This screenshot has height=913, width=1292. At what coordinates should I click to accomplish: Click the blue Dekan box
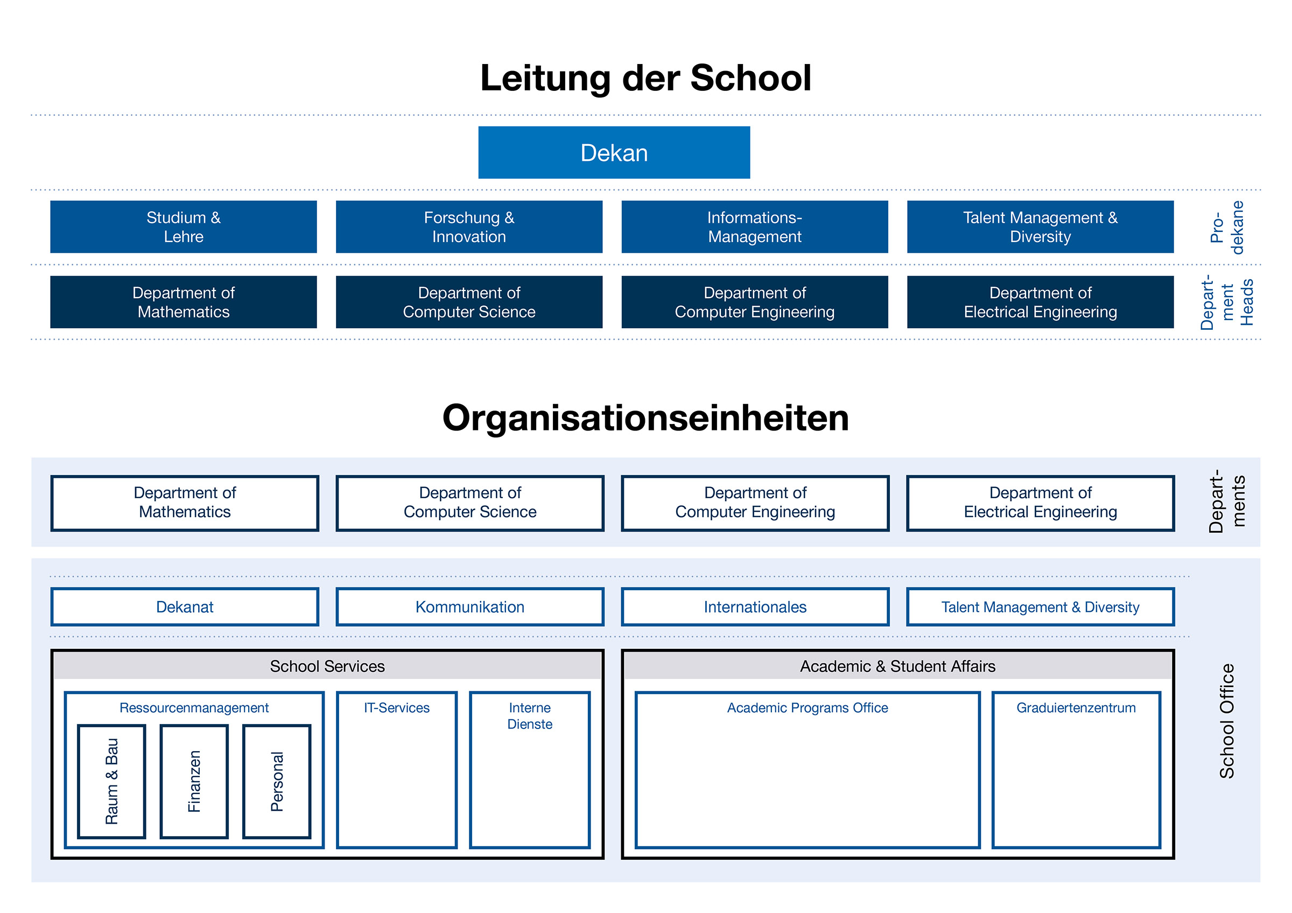614,152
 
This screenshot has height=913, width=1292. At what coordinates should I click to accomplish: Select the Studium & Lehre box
184,227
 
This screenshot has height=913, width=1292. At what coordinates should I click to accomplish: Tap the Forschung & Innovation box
469,227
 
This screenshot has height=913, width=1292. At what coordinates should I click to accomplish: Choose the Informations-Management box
755,227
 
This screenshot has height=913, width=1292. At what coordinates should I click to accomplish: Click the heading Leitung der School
645,77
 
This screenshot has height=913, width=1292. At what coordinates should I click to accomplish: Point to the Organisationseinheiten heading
645,419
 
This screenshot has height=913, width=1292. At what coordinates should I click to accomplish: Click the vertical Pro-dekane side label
1227,227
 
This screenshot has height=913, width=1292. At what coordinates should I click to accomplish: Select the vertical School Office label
1227,721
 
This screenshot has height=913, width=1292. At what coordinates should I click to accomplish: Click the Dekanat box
185,607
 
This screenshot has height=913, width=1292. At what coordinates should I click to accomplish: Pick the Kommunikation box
470,607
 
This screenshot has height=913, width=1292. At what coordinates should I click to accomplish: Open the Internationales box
755,607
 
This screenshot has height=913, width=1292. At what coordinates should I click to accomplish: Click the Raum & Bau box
111,781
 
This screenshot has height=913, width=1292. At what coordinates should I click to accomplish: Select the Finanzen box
194,781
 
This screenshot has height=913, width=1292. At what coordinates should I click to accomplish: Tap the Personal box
277,781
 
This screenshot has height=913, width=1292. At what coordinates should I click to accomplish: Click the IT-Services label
397,707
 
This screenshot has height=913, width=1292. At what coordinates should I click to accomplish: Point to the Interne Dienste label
530,716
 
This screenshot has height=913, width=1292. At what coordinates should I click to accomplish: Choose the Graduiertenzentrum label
1076,707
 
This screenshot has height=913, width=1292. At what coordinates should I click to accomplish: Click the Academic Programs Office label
807,707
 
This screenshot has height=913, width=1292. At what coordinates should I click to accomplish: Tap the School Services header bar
327,666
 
